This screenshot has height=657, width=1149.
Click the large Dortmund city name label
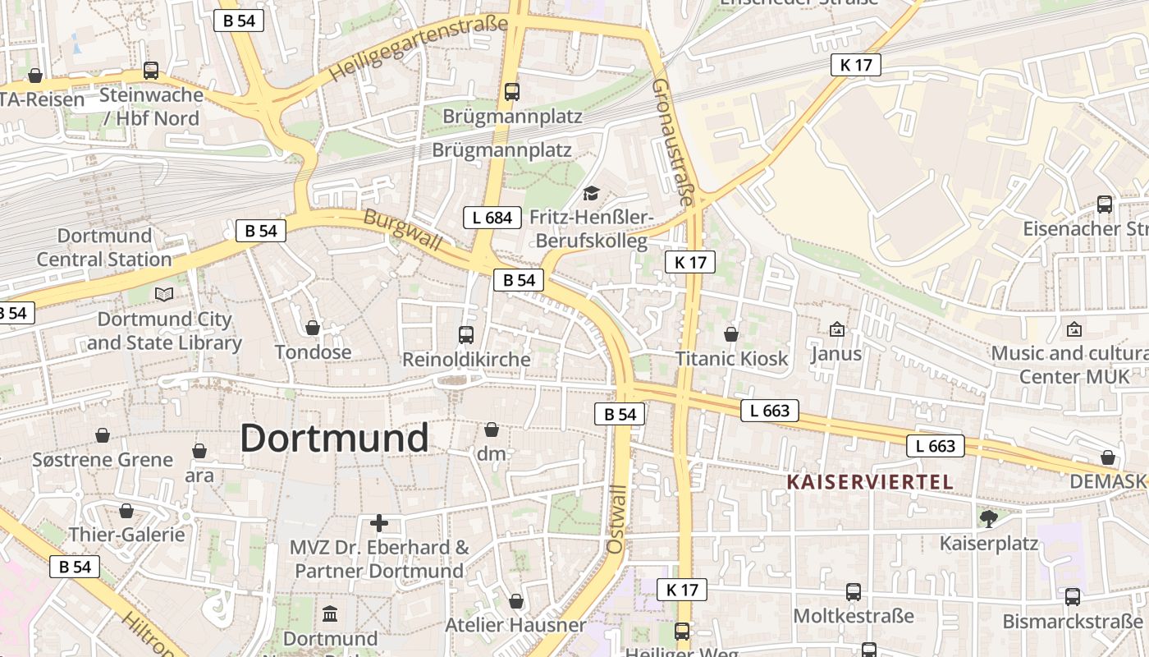click(334, 439)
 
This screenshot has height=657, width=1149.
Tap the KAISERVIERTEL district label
click(870, 482)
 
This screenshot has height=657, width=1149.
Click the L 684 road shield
click(492, 218)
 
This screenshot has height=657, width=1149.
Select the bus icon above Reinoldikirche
click(466, 334)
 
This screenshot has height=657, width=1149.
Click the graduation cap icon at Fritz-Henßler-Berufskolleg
click(591, 194)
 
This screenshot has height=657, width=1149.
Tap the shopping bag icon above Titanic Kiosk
click(731, 334)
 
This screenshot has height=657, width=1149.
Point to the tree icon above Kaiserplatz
click(989, 518)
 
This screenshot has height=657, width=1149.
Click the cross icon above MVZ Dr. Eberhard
click(379, 522)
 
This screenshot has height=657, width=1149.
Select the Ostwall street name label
click(617, 518)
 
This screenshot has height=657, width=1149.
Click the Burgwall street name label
click(402, 231)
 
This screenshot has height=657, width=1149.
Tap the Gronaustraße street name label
click(674, 141)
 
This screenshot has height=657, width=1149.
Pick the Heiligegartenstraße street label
click(419, 48)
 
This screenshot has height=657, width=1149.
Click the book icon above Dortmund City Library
click(164, 294)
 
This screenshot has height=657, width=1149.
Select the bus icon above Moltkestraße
click(854, 591)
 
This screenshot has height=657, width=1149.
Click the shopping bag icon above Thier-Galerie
click(126, 511)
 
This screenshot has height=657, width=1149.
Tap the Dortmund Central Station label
click(104, 247)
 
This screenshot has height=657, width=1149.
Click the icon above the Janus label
click(836, 329)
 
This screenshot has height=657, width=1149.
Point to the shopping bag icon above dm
click(492, 430)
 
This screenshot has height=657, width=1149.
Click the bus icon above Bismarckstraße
click(1073, 597)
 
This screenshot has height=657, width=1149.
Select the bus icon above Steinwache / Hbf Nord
click(151, 71)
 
